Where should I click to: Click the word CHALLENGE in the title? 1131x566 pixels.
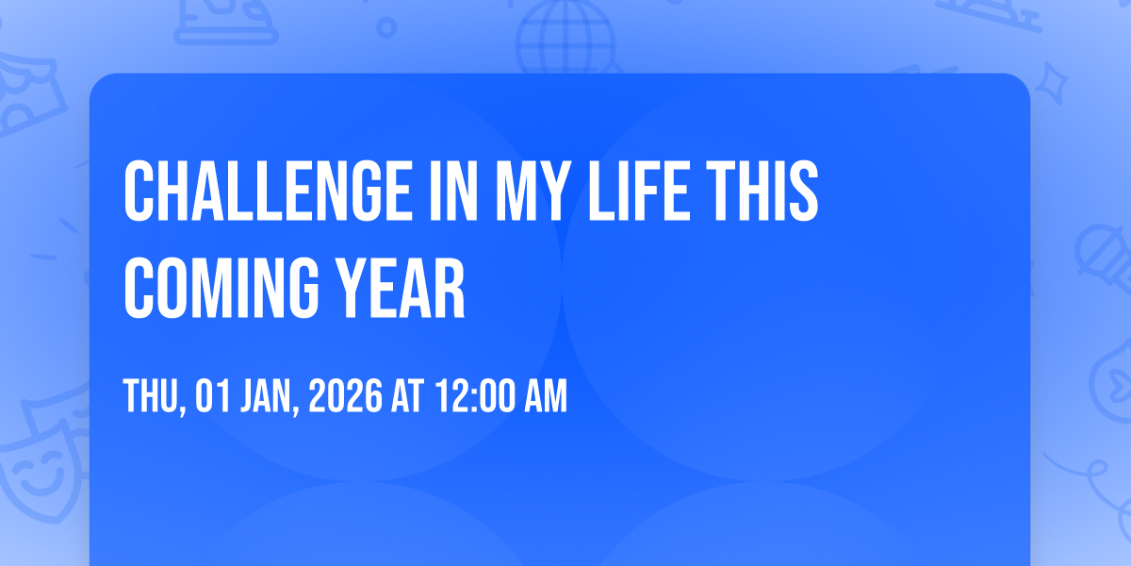point(268,191)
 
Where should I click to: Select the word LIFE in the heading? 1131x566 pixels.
point(639,191)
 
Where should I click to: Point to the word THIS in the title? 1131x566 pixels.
point(762,191)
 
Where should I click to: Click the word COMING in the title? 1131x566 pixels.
point(221,288)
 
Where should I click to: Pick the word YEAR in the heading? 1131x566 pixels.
point(401,288)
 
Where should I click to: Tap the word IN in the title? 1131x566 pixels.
point(453,191)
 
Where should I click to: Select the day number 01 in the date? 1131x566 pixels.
point(213,395)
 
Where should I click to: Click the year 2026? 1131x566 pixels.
point(345,395)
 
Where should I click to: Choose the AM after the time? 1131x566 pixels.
point(546,395)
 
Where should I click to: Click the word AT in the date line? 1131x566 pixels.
point(408,395)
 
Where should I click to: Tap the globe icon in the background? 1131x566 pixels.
point(566,37)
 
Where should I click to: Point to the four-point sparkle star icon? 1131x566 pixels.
point(1052,83)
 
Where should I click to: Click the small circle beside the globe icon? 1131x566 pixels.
point(386,27)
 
